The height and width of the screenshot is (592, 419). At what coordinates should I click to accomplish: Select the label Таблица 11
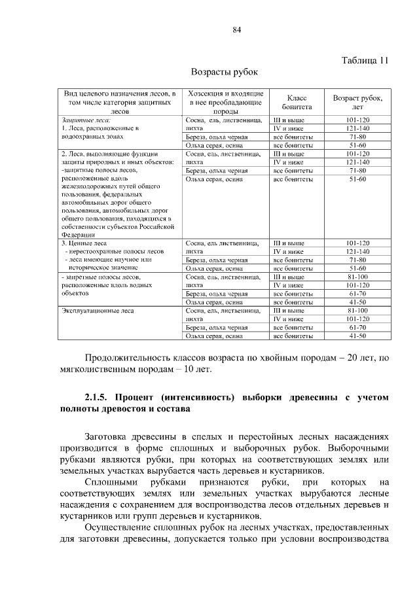365,60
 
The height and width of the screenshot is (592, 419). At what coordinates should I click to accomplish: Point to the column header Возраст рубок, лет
357,102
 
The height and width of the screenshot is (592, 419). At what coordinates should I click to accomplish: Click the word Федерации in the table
79,234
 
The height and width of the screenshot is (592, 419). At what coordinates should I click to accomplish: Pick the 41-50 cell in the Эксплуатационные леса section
357,336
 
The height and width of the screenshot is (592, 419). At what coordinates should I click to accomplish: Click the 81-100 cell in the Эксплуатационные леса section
357,311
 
